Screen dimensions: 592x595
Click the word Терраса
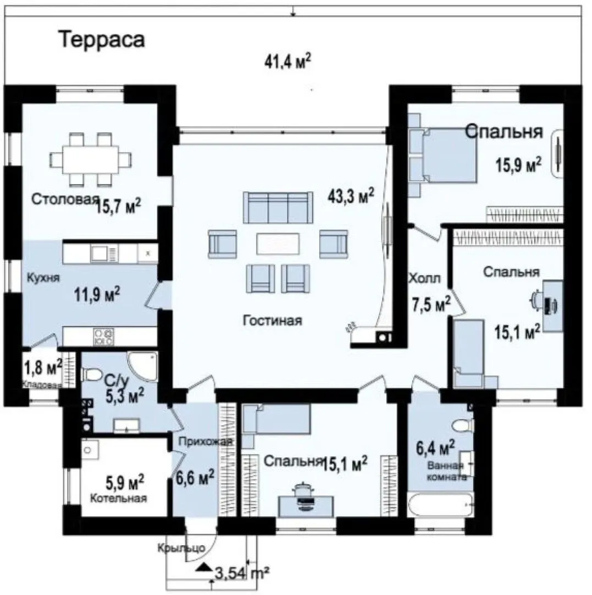coord(103,40)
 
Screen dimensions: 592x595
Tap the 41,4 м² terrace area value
coord(288,62)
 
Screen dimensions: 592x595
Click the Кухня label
coord(43,278)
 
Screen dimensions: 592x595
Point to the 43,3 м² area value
coord(351,196)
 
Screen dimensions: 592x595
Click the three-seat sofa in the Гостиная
coord(278,208)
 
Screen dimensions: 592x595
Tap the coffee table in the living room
coord(278,244)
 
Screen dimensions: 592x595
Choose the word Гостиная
coord(272,321)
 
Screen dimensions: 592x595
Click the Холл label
coord(425,279)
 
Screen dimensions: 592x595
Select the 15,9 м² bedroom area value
coord(518,164)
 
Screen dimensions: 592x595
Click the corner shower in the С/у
coord(143,366)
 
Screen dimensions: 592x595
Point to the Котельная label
coord(118,498)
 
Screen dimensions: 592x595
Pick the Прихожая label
coord(205,441)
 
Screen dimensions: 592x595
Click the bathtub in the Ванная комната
coord(440,505)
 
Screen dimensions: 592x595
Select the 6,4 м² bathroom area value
coord(436,448)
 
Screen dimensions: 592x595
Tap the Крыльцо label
coord(182,548)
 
